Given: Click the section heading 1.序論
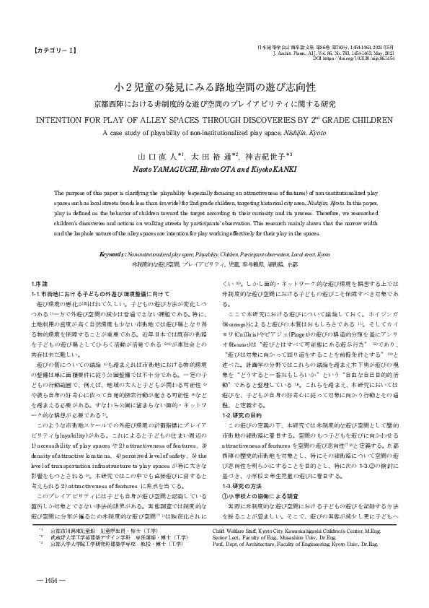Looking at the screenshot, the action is pos(41,282).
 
